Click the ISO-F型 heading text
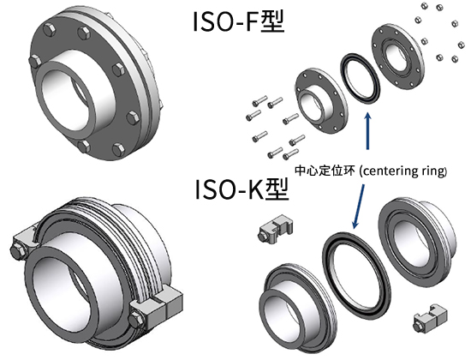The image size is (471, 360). click(238, 21)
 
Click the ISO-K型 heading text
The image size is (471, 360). click(242, 189)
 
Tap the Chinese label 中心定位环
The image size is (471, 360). click(325, 171)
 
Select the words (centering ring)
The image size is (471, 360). click(402, 171)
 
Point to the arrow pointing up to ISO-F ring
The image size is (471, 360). click(367, 131)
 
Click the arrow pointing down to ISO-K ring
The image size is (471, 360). click(360, 207)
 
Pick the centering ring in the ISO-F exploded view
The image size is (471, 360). click(359, 79)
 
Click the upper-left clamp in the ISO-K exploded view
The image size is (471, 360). click(275, 229)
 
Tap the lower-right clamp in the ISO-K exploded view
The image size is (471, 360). click(430, 318)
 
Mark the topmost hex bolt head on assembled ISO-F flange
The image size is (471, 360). click(84, 33)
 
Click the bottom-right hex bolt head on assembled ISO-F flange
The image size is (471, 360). click(119, 149)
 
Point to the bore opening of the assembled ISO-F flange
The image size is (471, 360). click(69, 97)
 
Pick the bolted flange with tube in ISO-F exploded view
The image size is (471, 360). click(320, 101)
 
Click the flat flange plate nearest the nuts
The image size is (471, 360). click(398, 58)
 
